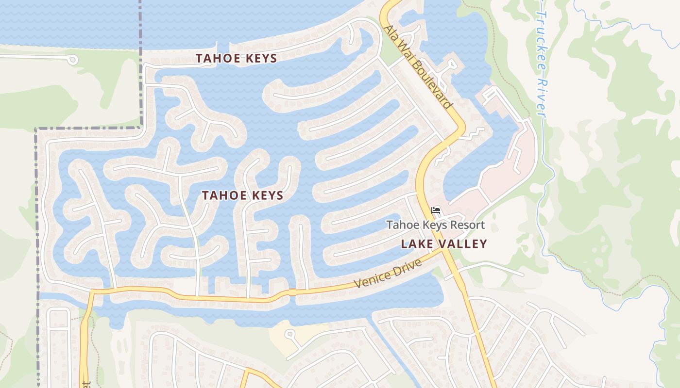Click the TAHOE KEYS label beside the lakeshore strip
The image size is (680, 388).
236,59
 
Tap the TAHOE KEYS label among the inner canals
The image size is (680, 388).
242,195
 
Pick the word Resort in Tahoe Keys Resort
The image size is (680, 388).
468,225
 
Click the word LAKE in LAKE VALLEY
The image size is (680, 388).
416,244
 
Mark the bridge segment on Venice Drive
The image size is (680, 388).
292,292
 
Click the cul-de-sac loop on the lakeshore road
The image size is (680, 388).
72,60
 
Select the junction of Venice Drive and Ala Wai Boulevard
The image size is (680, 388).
443,251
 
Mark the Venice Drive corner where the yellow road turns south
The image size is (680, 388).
92,292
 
